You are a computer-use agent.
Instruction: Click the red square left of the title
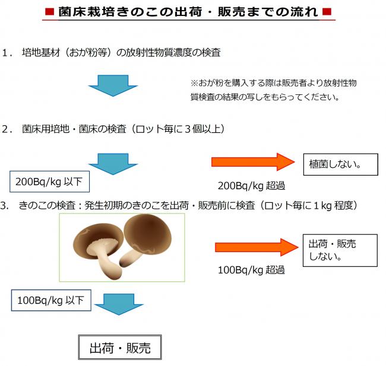click(x=50, y=12)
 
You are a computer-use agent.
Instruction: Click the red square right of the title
click(x=328, y=12)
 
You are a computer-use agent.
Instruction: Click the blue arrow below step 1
click(x=113, y=85)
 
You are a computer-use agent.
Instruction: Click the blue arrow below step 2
click(x=113, y=163)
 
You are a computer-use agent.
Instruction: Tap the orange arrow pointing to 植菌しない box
click(x=253, y=162)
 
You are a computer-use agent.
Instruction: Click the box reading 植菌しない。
click(x=340, y=164)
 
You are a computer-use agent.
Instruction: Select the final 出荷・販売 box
click(x=119, y=348)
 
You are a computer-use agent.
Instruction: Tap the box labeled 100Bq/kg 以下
click(x=51, y=300)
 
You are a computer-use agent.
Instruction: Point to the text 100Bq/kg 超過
click(x=251, y=270)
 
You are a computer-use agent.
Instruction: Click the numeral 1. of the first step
click(x=7, y=53)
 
